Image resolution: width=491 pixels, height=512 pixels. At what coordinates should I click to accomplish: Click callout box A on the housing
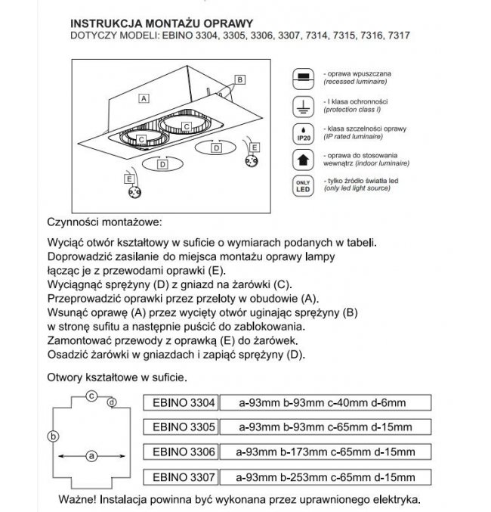142,98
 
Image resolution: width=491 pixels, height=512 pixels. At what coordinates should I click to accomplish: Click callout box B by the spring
239,79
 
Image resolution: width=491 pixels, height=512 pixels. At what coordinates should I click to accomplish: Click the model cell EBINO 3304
184,402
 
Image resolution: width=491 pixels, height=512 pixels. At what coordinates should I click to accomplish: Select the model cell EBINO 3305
184,427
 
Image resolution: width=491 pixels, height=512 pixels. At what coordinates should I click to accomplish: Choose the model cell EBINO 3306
184,452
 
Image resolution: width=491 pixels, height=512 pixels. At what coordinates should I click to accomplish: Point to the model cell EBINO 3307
184,477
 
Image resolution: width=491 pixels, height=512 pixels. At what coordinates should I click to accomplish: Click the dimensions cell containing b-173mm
326,452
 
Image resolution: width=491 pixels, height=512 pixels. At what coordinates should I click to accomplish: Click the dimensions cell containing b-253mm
326,477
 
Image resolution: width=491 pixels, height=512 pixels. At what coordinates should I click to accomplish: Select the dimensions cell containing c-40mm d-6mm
326,402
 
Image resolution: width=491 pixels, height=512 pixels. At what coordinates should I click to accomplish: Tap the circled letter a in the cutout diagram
91,456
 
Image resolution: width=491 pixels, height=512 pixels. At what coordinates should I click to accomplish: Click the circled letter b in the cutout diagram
52,436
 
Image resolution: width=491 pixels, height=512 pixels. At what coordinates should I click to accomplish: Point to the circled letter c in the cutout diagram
90,395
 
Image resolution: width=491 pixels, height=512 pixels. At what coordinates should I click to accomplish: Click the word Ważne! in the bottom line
77,500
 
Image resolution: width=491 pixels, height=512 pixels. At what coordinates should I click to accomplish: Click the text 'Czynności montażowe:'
104,223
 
